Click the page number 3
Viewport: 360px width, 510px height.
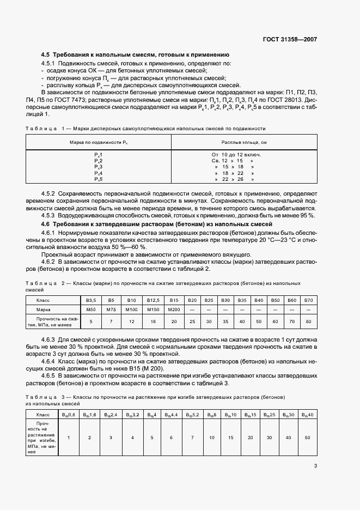click(x=315, y=466)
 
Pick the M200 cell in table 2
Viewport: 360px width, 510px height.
click(x=174, y=309)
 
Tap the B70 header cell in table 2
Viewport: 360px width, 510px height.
click(x=309, y=300)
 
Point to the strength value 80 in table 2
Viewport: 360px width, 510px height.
click(x=309, y=321)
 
